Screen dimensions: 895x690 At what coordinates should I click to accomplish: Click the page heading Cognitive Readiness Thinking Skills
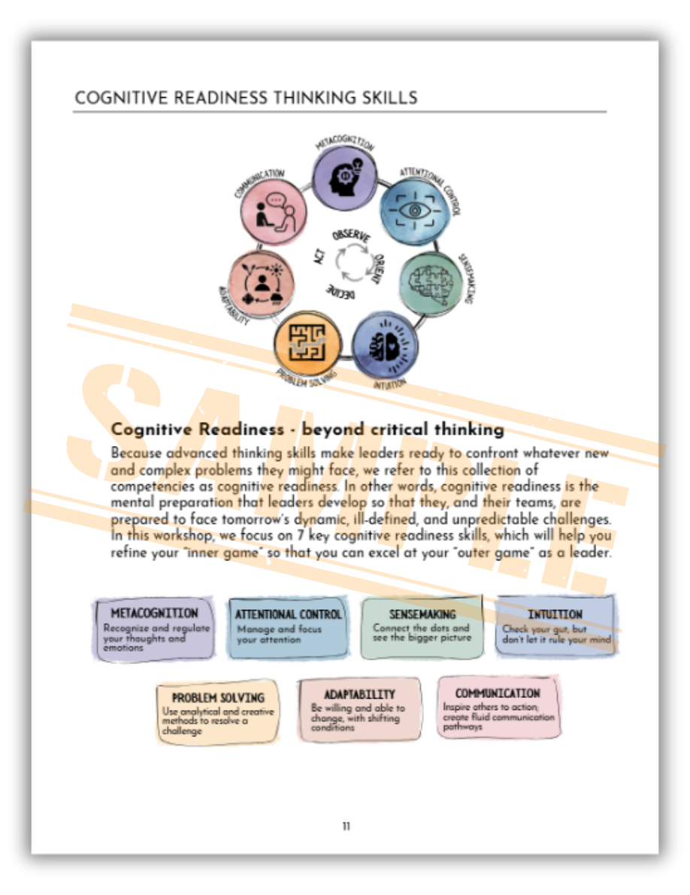[x=246, y=98]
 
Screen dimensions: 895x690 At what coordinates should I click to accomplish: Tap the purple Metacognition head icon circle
[x=344, y=177]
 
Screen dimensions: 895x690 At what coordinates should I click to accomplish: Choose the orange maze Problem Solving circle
[x=304, y=340]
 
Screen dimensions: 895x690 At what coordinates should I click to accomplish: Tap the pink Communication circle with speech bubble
[x=274, y=211]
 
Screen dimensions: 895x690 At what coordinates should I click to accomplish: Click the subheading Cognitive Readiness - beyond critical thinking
[x=307, y=429]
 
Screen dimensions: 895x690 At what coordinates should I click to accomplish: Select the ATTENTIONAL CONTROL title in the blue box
[x=288, y=614]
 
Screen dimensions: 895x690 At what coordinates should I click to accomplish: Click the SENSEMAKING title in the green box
[x=422, y=614]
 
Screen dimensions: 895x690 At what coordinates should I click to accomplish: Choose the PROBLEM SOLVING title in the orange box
[x=218, y=697]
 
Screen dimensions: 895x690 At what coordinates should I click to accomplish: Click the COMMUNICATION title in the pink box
[x=498, y=693]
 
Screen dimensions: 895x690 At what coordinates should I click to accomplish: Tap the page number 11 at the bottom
[x=346, y=826]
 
